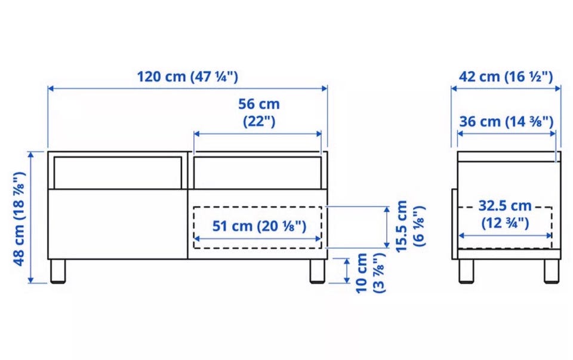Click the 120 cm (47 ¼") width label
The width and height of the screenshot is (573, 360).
(187, 77)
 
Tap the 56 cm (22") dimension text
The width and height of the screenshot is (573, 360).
(258, 113)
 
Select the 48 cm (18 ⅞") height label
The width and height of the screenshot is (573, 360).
(19, 218)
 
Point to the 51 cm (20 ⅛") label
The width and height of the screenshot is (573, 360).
(259, 226)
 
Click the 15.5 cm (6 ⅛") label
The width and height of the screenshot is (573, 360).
(410, 226)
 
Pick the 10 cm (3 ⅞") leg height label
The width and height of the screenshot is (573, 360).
(370, 273)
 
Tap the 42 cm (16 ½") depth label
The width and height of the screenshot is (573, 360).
(506, 77)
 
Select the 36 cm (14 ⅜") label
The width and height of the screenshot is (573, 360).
(506, 121)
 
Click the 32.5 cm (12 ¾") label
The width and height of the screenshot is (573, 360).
(505, 214)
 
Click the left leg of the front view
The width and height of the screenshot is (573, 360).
(58, 271)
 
